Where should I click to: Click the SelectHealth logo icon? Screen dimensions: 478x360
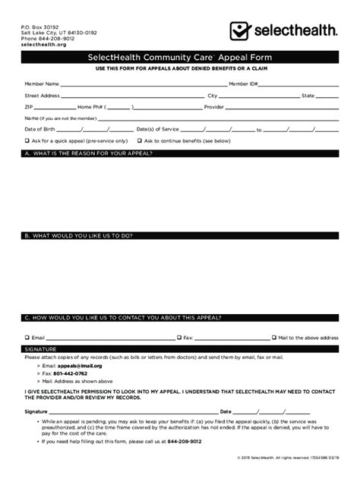(x=242, y=31)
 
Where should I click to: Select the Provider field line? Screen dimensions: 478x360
(x=280, y=108)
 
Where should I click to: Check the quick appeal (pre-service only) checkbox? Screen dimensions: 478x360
(x=27, y=141)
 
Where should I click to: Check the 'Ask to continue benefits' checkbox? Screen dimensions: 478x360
(x=139, y=141)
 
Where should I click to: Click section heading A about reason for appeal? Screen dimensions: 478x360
(x=91, y=154)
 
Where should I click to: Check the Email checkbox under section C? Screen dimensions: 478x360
(x=27, y=337)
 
